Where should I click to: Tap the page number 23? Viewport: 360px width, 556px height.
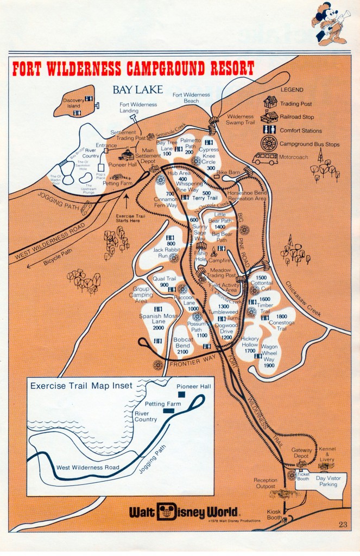[342, 524]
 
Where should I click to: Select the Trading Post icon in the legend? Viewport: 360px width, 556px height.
[270, 102]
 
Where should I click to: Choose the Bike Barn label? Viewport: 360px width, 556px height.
[228, 172]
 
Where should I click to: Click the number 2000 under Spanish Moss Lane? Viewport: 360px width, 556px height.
[158, 328]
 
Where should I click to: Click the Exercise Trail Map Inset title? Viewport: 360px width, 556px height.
[81, 386]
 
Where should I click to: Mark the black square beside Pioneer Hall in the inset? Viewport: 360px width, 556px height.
[181, 394]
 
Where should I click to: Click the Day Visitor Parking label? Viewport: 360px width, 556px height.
[325, 481]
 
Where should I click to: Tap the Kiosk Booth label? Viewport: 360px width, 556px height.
[275, 515]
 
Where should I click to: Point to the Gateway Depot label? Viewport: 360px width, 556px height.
[302, 453]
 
